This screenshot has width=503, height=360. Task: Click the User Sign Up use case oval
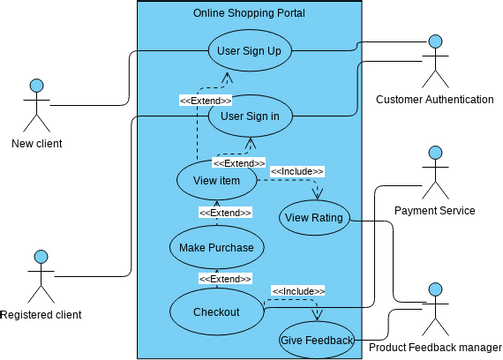249,51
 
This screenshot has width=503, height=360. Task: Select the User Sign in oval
249,116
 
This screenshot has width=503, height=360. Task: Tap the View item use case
215,180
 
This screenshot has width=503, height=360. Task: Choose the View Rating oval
313,217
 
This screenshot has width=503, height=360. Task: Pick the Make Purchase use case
216,246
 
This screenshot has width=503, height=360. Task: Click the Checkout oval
216,311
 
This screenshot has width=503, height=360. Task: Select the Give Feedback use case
316,340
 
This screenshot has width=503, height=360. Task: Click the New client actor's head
37,85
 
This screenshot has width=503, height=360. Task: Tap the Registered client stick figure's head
41,257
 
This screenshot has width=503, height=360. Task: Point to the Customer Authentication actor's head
434,41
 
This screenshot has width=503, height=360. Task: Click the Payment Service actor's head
434,152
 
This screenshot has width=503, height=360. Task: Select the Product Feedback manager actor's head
434,290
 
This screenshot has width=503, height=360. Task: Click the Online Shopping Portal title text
249,13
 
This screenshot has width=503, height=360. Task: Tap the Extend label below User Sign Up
205,100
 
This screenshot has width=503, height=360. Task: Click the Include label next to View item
295,170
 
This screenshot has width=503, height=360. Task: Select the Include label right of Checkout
297,290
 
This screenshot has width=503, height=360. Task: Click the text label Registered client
41,314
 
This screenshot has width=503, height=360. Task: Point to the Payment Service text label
434,210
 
